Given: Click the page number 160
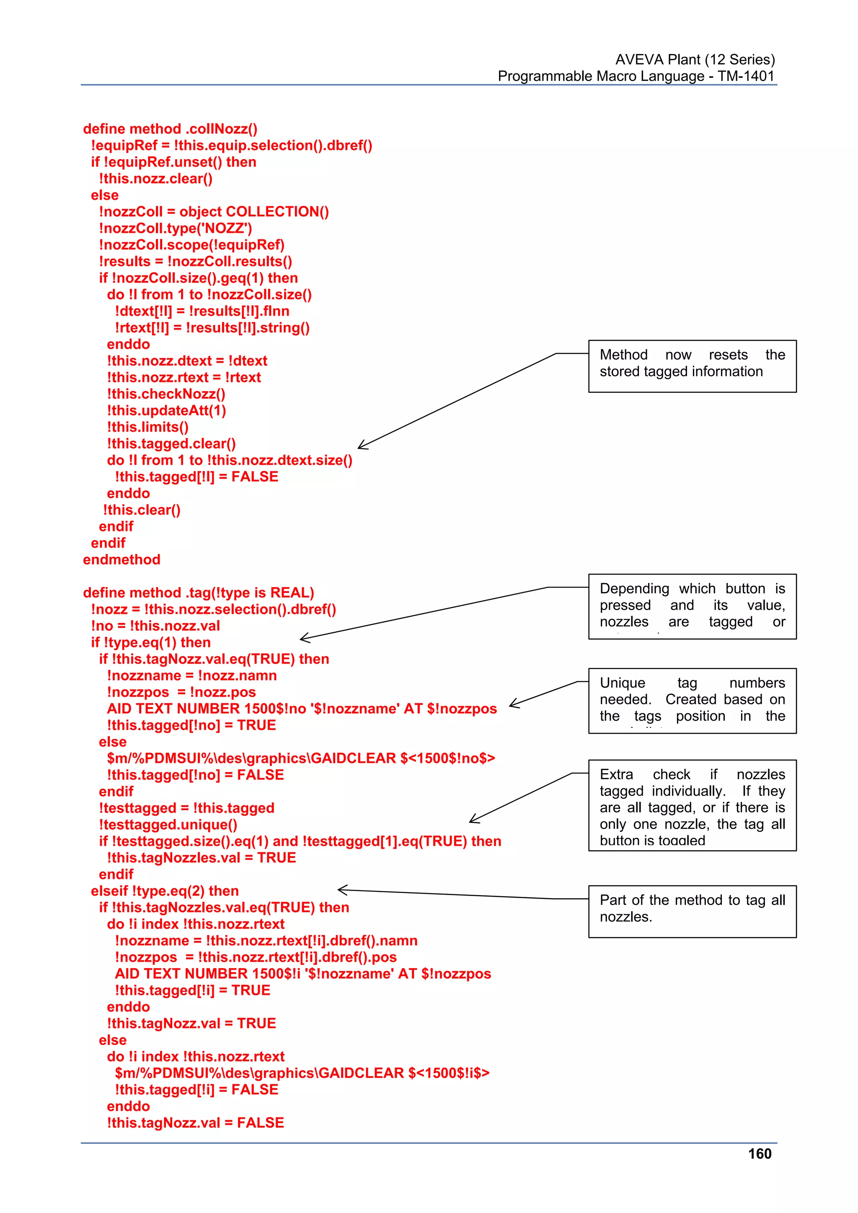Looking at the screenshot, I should [x=759, y=1154].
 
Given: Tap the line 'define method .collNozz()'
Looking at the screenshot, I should [x=170, y=129].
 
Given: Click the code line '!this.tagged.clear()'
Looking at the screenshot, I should [x=171, y=444].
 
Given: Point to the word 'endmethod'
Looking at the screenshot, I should [x=121, y=559].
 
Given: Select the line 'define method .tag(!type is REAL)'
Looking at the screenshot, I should [x=198, y=593].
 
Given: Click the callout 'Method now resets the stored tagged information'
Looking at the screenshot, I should [x=692, y=366].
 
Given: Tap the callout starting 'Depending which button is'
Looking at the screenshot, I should [x=692, y=606].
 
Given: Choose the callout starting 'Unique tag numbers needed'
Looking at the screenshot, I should [x=692, y=700].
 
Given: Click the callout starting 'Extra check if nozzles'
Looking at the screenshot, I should [x=692, y=805].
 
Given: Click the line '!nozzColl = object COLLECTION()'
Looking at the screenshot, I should [x=214, y=212].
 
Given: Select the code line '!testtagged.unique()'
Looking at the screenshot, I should [x=168, y=825].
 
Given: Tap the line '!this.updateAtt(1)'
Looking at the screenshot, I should [x=166, y=410].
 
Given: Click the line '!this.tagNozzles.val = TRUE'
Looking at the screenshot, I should [x=201, y=858].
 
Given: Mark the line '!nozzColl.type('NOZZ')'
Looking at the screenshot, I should [x=175, y=228].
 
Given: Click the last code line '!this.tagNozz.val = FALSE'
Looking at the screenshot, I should [x=195, y=1123].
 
